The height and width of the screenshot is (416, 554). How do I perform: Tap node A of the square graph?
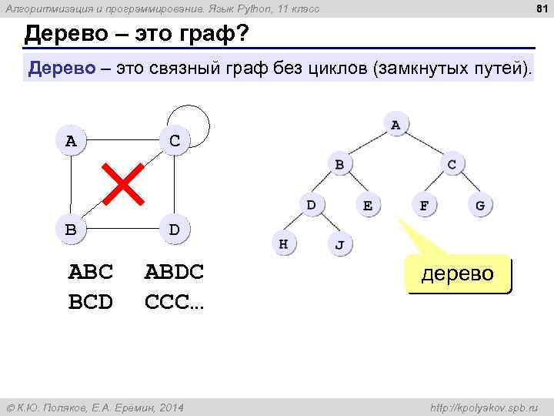[72, 141]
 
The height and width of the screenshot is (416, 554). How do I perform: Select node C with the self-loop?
[175, 141]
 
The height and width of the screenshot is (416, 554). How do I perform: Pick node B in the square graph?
[71, 229]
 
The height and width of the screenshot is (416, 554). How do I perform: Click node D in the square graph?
[175, 229]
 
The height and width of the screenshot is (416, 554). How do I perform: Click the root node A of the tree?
[395, 124]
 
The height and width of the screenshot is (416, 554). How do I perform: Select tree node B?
[339, 164]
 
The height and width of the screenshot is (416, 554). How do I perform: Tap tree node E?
[368, 205]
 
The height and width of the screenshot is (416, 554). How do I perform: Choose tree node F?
[424, 205]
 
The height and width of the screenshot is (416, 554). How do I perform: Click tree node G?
[480, 205]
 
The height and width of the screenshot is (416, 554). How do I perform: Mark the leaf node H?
[283, 244]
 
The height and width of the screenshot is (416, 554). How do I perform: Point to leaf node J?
[339, 245]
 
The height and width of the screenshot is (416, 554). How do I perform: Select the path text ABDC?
[174, 272]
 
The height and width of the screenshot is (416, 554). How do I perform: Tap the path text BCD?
[91, 301]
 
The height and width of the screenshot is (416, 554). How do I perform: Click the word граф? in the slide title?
[209, 35]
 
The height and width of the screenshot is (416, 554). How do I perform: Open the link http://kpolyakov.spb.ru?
[485, 407]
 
